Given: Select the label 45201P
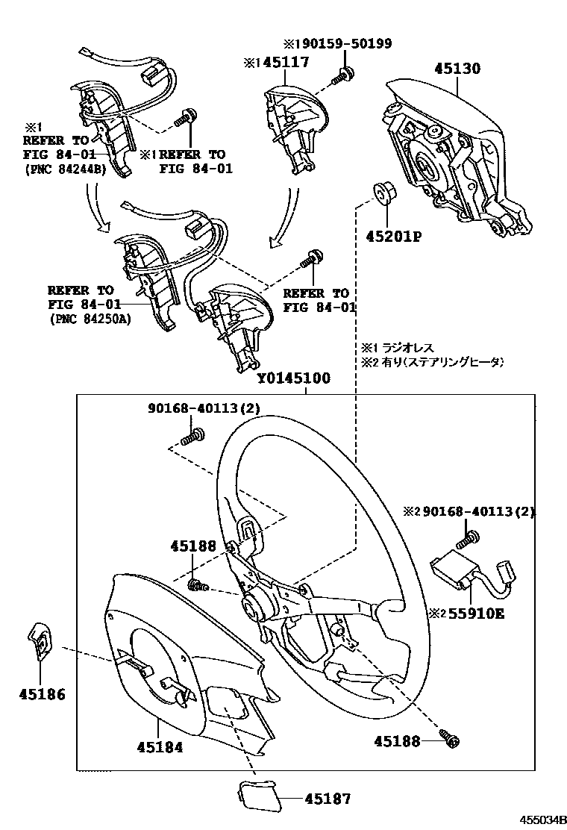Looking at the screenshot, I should click(393, 237).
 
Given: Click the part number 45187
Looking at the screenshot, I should click(327, 799).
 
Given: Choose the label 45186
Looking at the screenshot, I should click(42, 694).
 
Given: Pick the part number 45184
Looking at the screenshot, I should click(160, 746).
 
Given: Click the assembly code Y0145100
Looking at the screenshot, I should click(294, 378).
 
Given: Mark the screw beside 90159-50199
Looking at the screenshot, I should click(345, 74).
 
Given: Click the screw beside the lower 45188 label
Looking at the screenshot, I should click(451, 739).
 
